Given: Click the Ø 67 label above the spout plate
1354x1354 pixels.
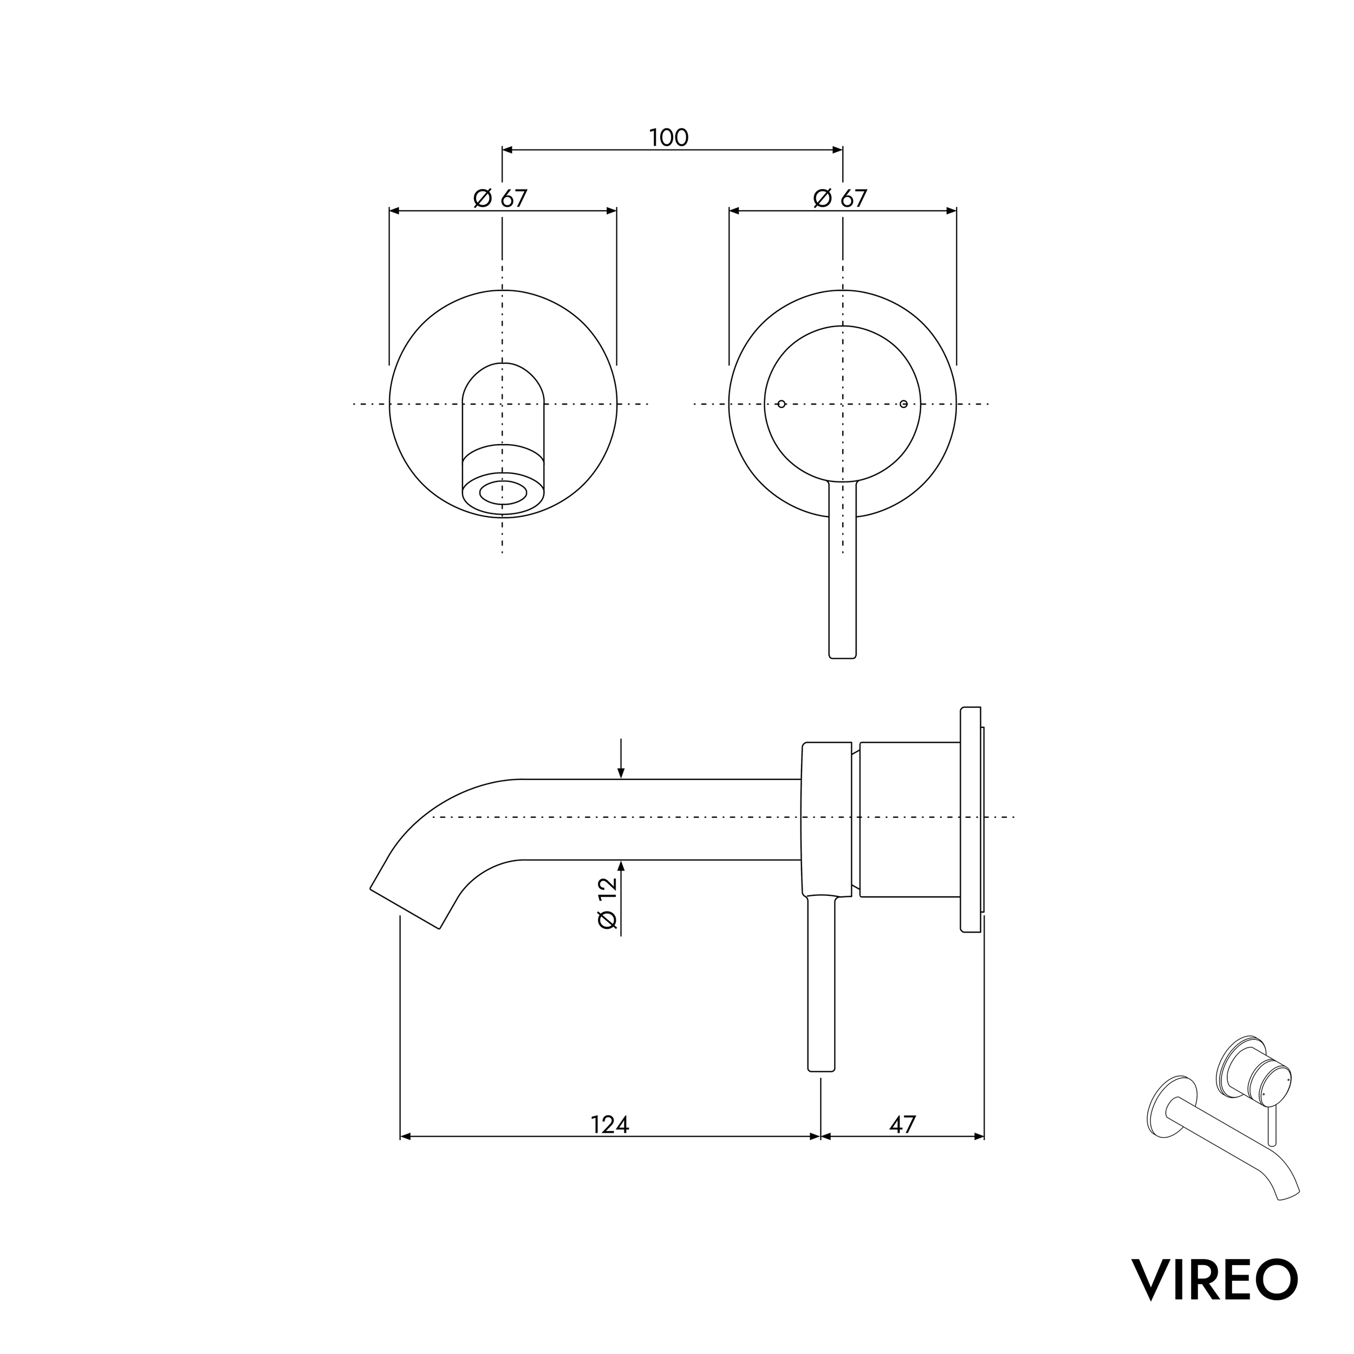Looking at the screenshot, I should pos(500,198).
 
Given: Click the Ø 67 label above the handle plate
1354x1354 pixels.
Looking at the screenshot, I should pos(841,198).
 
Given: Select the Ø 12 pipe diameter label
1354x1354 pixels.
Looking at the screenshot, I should pos(608,903).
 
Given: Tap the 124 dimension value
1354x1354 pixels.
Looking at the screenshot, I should pos(610,1124).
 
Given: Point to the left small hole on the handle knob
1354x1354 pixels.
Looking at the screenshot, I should pos(782,403).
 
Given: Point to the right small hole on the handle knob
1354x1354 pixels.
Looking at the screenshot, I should pos(903,403).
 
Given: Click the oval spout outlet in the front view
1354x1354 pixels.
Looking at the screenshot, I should pos(503,493).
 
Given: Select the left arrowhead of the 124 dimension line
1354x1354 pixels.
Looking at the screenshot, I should pos(405,1137).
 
